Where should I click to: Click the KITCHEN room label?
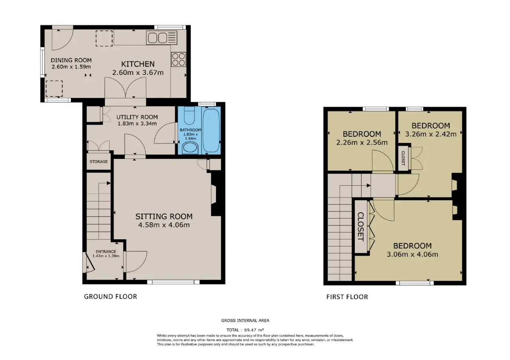click(x=138, y=64)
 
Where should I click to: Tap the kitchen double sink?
click(x=162, y=38)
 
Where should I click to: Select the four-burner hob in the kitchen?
click(x=178, y=59)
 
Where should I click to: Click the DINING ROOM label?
click(x=71, y=60)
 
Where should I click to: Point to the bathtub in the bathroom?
click(x=211, y=130)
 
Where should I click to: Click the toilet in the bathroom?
click(x=189, y=115)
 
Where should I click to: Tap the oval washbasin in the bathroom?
click(x=190, y=147)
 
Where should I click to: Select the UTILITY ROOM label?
click(x=137, y=117)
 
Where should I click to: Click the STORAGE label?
click(x=98, y=162)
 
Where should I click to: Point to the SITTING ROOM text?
click(x=164, y=216)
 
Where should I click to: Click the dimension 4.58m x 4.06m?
click(x=164, y=225)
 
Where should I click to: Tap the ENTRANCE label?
click(x=106, y=251)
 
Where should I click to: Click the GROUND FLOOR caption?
click(x=110, y=297)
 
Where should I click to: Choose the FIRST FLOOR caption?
click(x=347, y=297)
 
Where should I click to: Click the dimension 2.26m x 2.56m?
click(x=362, y=143)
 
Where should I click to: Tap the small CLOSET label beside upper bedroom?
click(x=403, y=158)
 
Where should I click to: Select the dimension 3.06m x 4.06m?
click(x=412, y=254)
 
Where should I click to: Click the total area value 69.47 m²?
click(x=254, y=330)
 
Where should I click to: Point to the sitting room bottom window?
click(x=173, y=282)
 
